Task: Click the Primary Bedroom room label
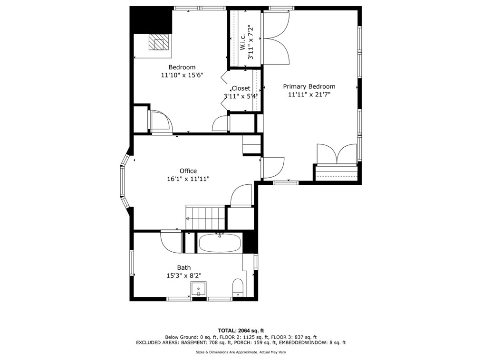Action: point(309,86)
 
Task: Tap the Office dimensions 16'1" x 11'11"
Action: point(188,179)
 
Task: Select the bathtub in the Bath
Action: point(220,244)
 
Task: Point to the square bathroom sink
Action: point(199,289)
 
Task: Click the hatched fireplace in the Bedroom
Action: point(159,42)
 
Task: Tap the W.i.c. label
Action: point(242,42)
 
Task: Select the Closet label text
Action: point(241,88)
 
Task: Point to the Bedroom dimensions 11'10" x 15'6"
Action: point(182,75)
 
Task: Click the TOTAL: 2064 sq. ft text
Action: point(241,331)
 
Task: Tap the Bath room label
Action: point(184,268)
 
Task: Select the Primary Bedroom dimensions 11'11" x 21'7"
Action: point(309,95)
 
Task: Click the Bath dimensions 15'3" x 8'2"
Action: point(184,276)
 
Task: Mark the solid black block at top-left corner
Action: point(151,19)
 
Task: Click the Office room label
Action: point(188,171)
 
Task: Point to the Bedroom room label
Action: point(182,67)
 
